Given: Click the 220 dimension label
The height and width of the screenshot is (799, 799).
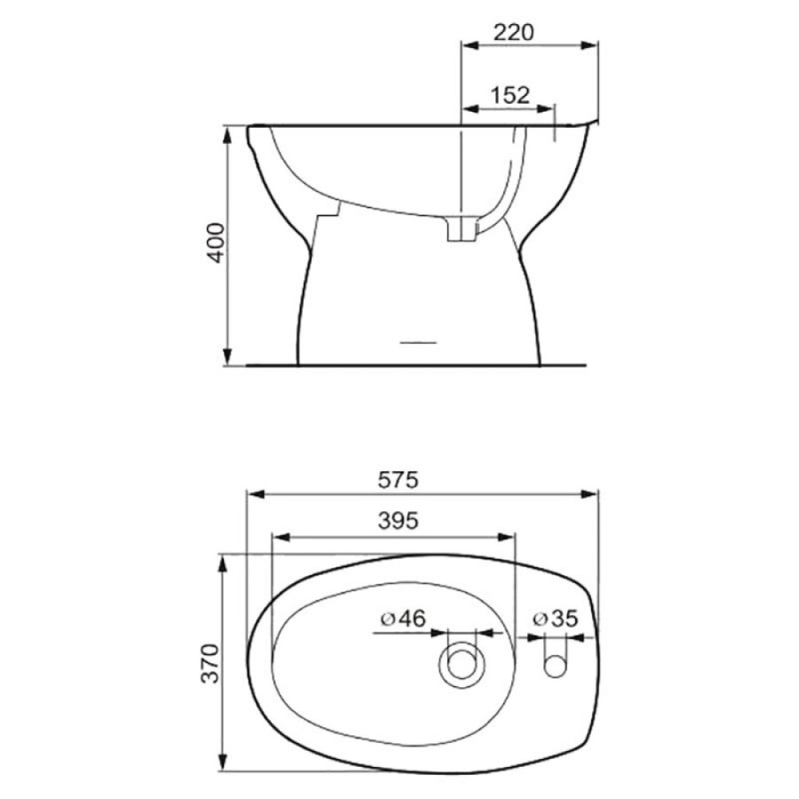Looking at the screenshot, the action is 513,32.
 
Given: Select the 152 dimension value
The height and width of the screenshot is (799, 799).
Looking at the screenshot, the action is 510,95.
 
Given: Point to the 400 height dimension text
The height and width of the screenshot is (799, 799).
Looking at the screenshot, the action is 216,242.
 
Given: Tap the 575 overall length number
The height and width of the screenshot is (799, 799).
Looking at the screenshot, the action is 398,479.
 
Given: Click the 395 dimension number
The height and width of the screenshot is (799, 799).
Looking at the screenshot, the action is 398,520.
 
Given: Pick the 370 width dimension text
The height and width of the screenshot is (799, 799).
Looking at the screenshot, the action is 210,663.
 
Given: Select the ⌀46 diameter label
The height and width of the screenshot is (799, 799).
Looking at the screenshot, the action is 402,618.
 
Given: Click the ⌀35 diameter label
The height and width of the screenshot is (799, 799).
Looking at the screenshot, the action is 556,618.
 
